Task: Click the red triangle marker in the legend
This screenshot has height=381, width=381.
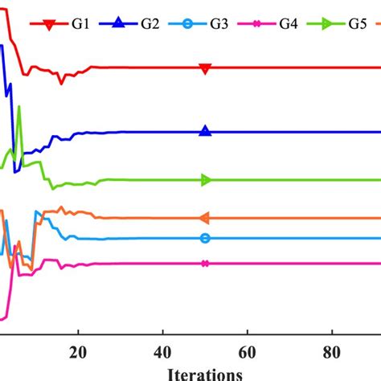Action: tap(49, 26)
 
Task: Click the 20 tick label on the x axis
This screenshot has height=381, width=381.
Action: tap(78, 351)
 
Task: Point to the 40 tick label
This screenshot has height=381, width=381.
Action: tap(162, 351)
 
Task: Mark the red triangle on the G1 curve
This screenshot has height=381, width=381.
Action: tap(205, 68)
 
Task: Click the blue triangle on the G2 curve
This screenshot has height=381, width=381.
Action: tap(205, 132)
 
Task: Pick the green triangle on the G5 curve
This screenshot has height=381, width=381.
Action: tap(205, 180)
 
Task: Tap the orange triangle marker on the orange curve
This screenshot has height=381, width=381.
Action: tap(204, 218)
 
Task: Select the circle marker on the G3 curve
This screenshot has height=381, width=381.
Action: tap(205, 238)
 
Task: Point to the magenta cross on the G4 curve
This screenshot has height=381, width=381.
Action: tap(205, 264)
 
